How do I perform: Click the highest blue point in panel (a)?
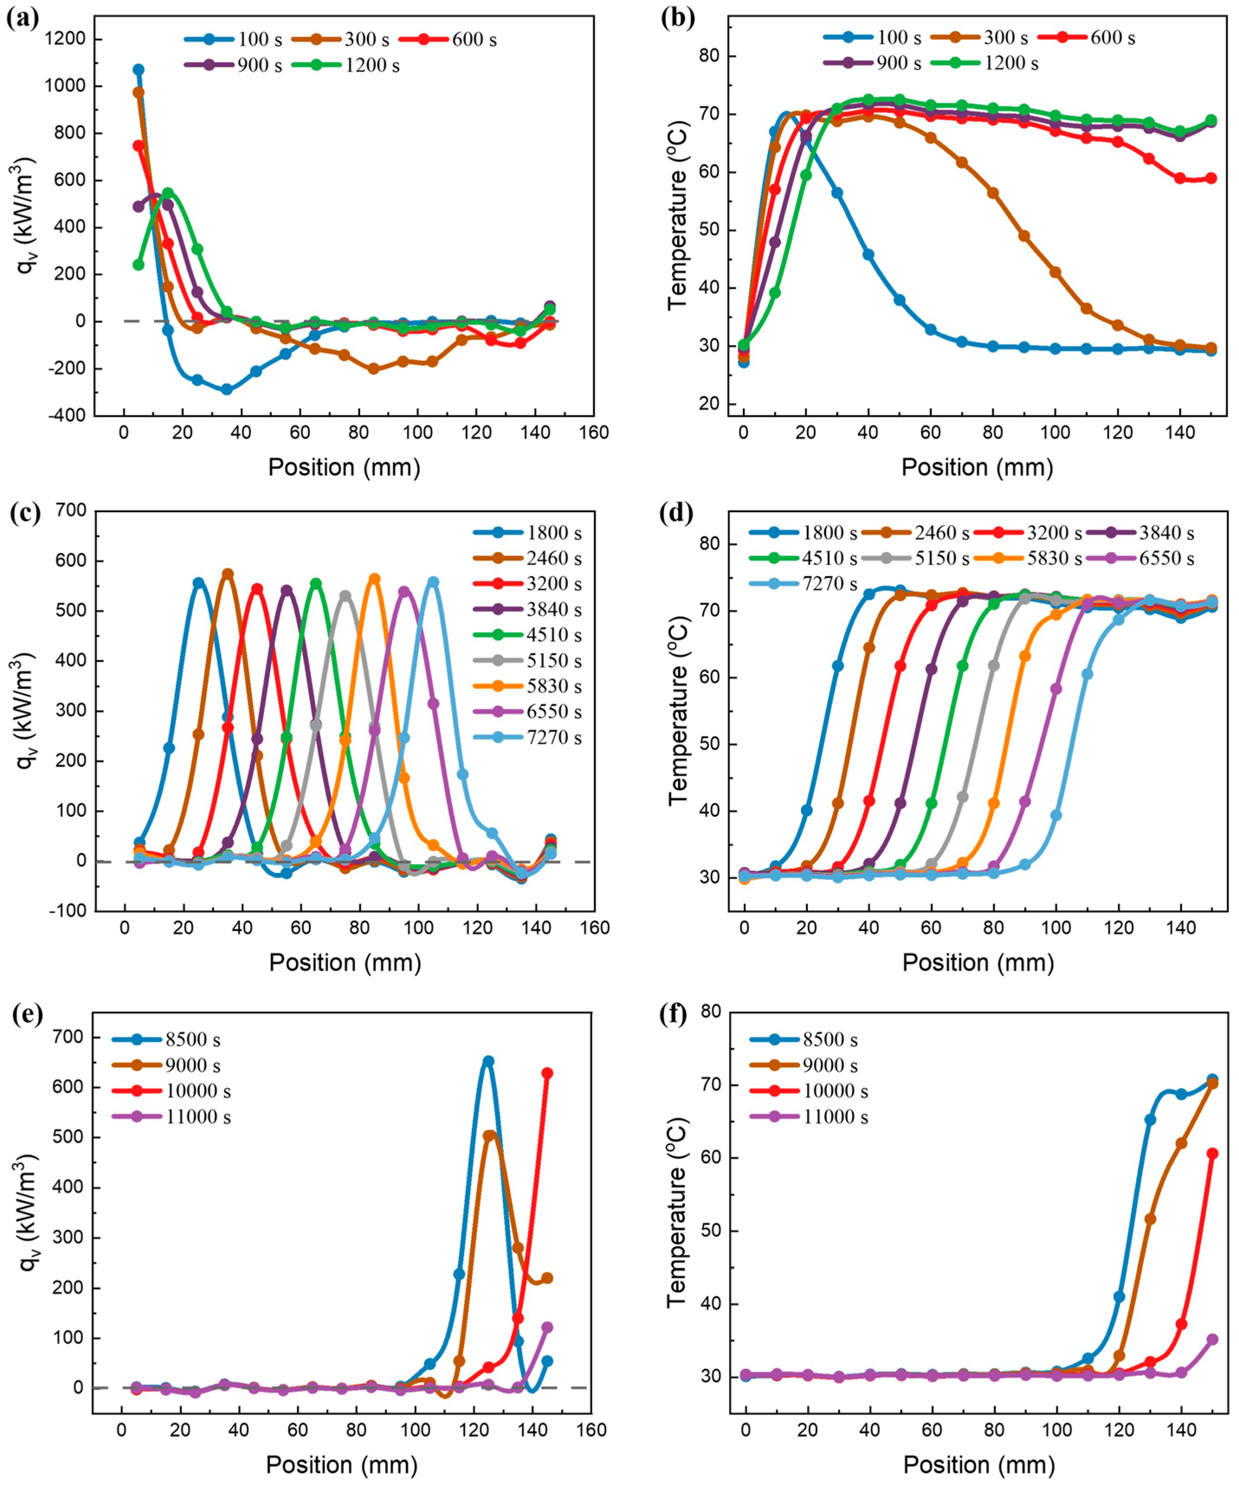tap(139, 69)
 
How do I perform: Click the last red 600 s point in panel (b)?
tap(1211, 178)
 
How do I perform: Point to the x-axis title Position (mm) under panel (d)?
tap(978, 962)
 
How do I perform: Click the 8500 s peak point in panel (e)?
tap(487, 1061)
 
